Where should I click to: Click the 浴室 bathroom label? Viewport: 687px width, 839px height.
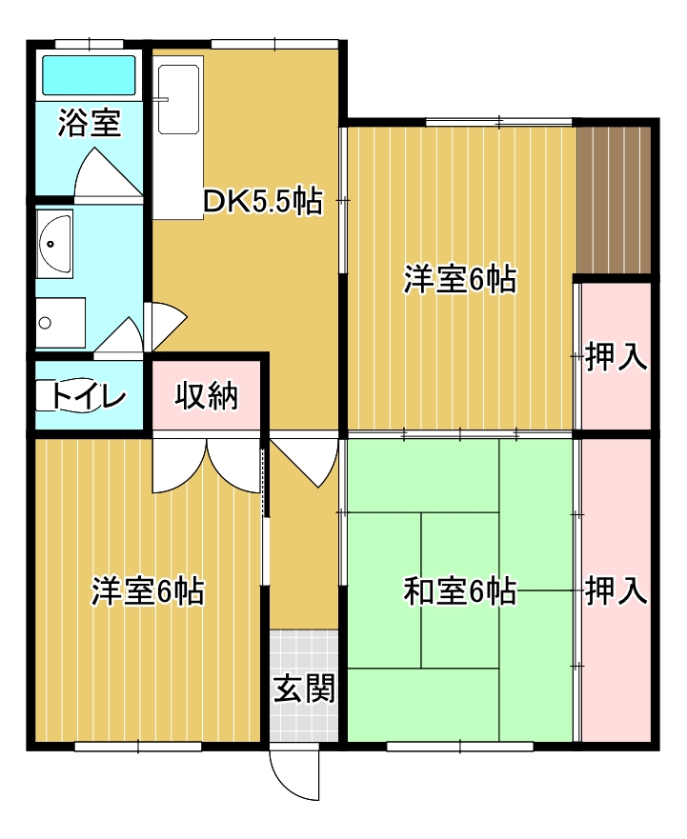pos(90,123)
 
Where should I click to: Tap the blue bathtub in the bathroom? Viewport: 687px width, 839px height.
pos(89,75)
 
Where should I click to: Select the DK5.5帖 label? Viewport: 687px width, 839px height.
pos(263,202)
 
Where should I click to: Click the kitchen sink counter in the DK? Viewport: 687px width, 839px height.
pos(178,137)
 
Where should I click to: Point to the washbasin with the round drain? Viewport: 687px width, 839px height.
pos(54,244)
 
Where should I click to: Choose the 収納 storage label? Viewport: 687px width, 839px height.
pos(206,396)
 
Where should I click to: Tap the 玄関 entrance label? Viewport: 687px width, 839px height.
pos(304,689)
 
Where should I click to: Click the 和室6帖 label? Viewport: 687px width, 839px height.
pos(460,591)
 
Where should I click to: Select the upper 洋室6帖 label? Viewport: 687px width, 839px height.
pos(460,280)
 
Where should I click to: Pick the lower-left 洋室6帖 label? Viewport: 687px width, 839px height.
pos(148,591)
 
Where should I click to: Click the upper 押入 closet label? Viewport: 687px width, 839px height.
pos(616,357)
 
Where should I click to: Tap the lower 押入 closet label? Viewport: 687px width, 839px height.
pos(616,591)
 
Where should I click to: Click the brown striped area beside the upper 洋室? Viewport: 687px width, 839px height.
pos(614,200)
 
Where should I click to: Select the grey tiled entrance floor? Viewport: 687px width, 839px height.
pos(304,686)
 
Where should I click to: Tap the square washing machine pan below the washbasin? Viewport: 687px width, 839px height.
pos(61,323)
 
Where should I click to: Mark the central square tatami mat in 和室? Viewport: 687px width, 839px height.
pos(459,589)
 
